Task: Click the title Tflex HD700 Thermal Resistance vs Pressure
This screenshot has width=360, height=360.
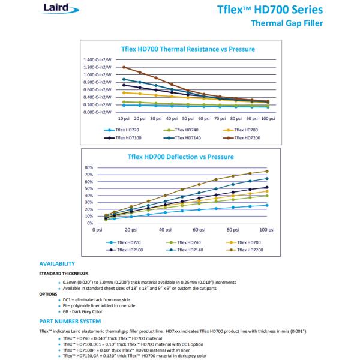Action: tap(180, 49)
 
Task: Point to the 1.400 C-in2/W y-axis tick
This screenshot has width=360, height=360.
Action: tap(98, 59)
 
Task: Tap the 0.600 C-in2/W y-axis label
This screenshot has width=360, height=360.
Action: tap(98, 89)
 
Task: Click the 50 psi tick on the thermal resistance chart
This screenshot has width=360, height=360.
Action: tap(188, 118)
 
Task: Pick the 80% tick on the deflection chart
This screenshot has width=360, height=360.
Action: tap(88, 167)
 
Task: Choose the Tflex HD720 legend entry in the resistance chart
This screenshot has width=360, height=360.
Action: tap(125, 130)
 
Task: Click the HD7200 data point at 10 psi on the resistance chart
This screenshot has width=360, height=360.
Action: tap(124, 67)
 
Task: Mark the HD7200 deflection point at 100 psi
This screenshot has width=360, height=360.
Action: tap(267, 171)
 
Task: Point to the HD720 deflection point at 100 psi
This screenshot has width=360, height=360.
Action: tap(267, 205)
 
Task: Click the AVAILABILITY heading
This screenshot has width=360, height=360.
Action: tap(57, 263)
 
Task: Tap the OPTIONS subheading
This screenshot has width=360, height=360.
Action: tap(49, 294)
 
